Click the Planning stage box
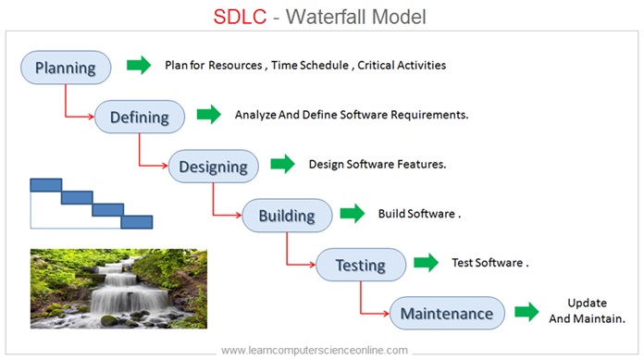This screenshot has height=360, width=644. click(66, 68)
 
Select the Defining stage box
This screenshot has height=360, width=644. click(140, 118)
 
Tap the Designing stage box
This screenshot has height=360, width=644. click(213, 167)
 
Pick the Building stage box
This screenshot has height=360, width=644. click(287, 217)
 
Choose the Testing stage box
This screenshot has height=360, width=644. click(360, 265)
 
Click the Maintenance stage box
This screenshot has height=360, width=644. click(447, 314)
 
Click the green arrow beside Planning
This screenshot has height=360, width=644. click(139, 65)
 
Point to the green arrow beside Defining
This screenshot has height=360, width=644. click(209, 115)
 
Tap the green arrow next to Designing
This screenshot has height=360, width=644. click(282, 164)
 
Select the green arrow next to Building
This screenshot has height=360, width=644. click(353, 213)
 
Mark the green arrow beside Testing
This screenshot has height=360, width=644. click(426, 262)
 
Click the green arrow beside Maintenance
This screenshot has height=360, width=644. click(526, 311)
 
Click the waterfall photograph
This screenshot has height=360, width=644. click(118, 287)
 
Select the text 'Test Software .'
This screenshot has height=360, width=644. click(489, 262)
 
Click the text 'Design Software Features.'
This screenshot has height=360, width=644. click(378, 164)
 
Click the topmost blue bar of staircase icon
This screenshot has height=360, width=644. click(45, 184)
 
